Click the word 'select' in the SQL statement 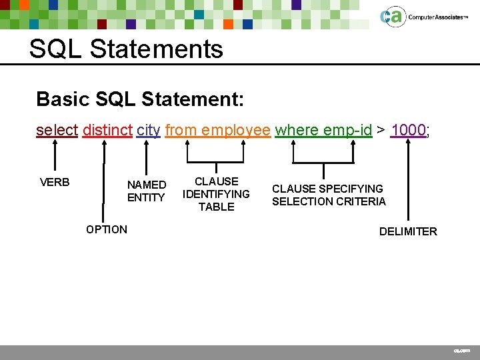(x=57, y=130)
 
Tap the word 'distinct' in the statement (x=107, y=130)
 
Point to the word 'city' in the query (x=148, y=130)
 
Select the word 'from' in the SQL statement (x=179, y=130)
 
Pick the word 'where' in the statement (x=296, y=130)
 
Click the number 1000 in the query (x=408, y=130)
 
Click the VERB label (x=55, y=182)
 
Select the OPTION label (x=106, y=229)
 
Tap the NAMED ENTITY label (x=147, y=191)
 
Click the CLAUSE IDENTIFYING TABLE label (x=216, y=194)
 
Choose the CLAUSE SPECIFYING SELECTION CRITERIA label (x=328, y=195)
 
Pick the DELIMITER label (x=408, y=231)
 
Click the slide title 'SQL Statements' (x=126, y=49)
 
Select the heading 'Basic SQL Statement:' (x=140, y=99)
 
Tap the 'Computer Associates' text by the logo (x=435, y=17)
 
